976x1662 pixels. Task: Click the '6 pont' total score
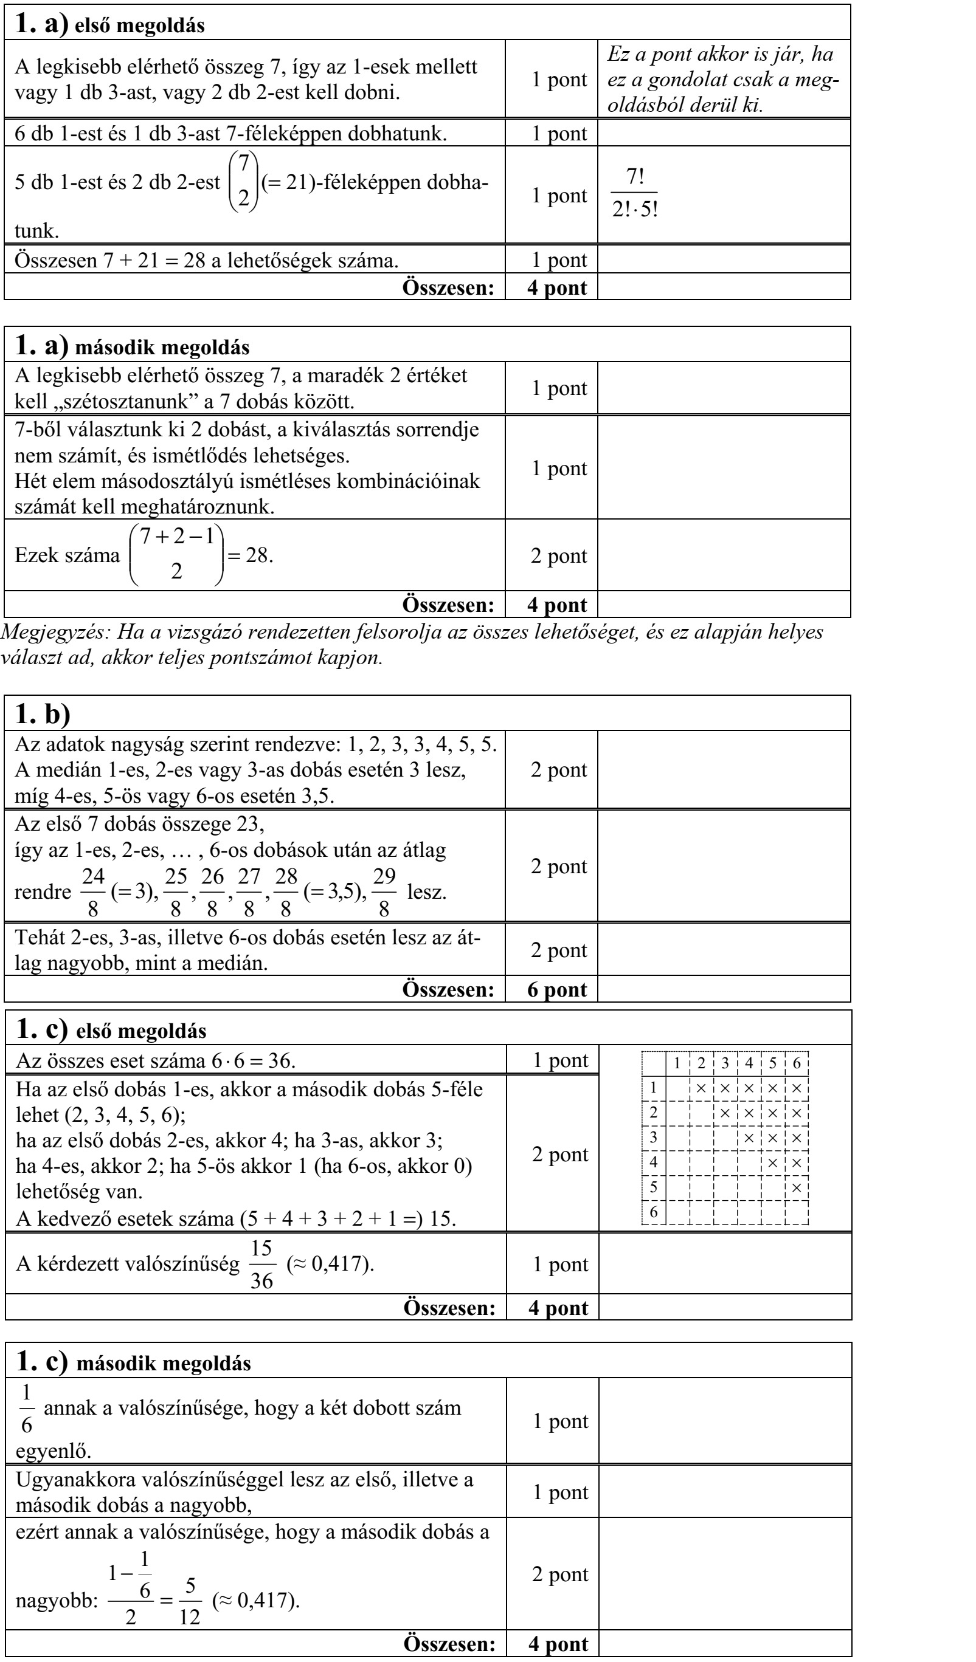pos(557,989)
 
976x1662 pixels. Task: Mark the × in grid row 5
pos(797,1187)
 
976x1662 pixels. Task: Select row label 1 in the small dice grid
pos(653,1088)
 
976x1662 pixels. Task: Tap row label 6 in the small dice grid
pos(653,1212)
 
